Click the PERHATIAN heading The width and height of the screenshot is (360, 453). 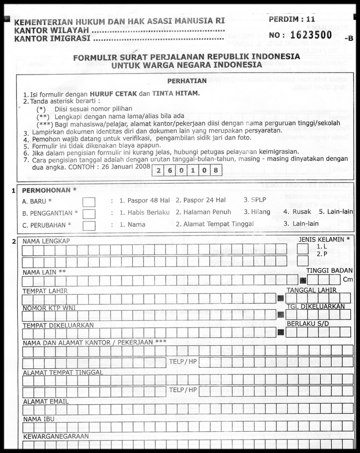pos(187,81)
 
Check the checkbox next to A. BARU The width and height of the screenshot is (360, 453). pos(89,202)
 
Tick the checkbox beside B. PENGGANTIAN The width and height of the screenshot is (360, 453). pos(89,214)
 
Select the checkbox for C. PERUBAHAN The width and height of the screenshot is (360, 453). pos(89,225)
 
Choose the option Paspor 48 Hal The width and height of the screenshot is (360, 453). pos(144,201)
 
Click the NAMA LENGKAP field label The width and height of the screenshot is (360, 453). pos(46,241)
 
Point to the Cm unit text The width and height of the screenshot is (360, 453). pos(348,279)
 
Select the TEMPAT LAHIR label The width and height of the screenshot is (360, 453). pos(45,291)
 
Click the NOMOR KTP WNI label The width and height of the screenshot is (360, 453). pos(49,308)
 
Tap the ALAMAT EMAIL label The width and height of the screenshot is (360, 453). pos(45,402)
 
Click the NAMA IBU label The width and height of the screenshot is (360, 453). pos(39,419)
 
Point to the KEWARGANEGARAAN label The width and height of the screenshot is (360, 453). pos(55,436)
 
